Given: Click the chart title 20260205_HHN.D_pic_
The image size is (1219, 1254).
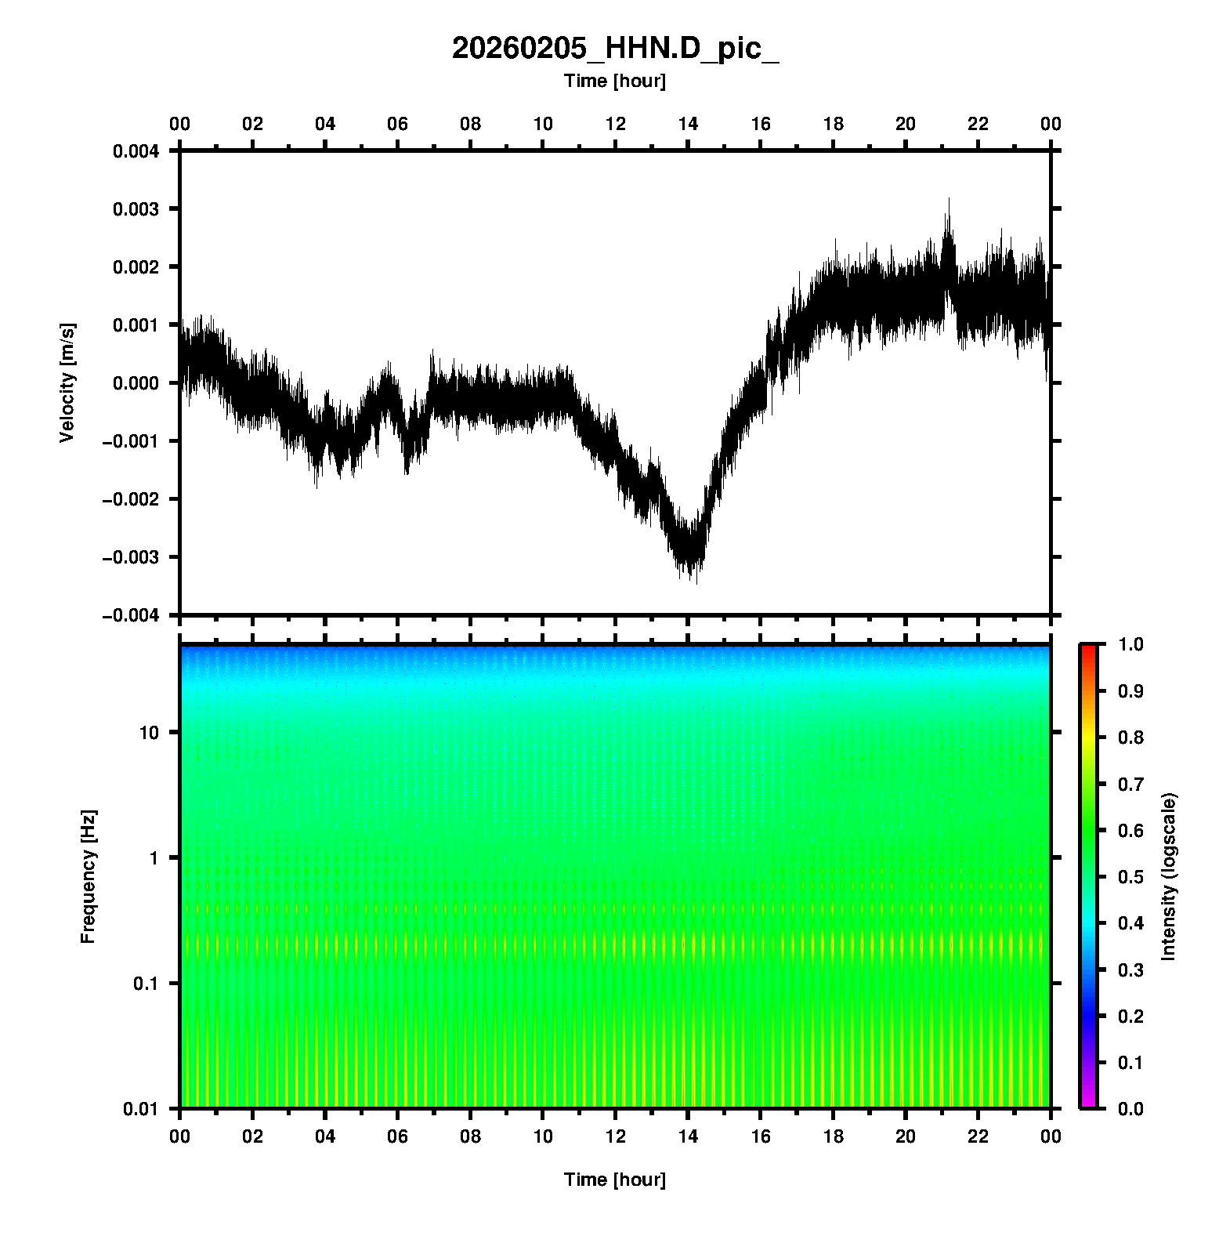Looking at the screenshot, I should [x=615, y=49].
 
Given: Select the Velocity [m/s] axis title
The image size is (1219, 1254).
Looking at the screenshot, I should [x=67, y=382].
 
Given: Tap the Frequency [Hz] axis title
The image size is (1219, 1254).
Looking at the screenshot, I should [x=88, y=876].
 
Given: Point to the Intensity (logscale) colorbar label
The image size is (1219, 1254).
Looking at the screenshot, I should [x=1168, y=876].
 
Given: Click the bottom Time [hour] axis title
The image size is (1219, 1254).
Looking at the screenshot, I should [x=615, y=1180].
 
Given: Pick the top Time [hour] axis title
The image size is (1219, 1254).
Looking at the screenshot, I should [x=615, y=81].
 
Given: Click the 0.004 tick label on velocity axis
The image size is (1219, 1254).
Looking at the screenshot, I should [x=136, y=151].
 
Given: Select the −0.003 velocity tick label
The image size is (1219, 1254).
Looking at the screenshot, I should [x=131, y=557].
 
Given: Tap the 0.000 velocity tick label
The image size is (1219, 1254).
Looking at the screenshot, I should [x=136, y=383].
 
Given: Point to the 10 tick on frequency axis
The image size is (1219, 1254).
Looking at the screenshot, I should [x=149, y=733].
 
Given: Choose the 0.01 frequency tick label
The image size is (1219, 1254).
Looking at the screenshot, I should [x=141, y=1109].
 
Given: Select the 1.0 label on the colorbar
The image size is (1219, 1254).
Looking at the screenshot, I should [x=1131, y=644].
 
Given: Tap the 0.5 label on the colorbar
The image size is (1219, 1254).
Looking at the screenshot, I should [x=1131, y=876].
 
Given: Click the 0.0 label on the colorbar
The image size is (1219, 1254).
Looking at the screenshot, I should [x=1131, y=1108].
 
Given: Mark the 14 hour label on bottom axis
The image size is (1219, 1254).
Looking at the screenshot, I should [x=688, y=1136].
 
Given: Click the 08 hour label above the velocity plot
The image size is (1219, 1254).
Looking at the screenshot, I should [x=470, y=124].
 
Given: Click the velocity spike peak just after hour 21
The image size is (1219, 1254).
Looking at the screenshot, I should [x=949, y=199].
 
